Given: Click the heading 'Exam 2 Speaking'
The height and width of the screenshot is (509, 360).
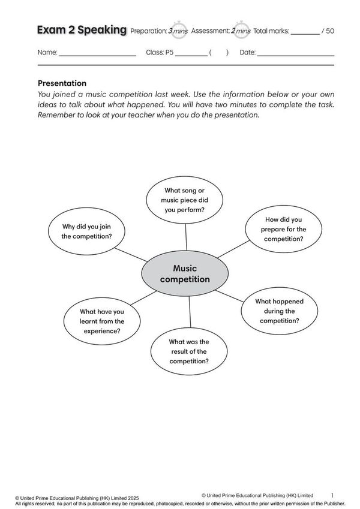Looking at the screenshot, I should tap(82, 30).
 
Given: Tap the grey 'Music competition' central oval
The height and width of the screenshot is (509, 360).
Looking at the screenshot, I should tap(185, 273).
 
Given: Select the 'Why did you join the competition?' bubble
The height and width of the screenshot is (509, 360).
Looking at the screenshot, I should tap(87, 231).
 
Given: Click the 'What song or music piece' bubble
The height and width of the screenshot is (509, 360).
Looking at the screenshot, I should tap(185, 200).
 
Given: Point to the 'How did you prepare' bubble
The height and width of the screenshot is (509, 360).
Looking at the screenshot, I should tap(284, 229).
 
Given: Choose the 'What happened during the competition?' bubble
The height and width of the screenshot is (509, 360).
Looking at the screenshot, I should tap(279, 311).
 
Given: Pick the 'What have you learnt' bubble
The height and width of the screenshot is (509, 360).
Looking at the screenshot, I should tap(102, 321).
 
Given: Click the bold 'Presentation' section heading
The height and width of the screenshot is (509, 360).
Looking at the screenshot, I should tap(62, 83).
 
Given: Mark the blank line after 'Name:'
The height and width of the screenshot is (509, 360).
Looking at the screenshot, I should tap(98, 55).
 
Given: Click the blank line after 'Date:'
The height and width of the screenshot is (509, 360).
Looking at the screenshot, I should tap(295, 55).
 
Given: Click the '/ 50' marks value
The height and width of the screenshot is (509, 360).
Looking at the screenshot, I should tap(328, 31).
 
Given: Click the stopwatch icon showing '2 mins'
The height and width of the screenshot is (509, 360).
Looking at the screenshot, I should tap(242, 30).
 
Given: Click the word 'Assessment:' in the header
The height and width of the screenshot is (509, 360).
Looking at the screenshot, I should tap(212, 31).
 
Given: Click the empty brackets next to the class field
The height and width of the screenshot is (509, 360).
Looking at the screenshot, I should tap(219, 53).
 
